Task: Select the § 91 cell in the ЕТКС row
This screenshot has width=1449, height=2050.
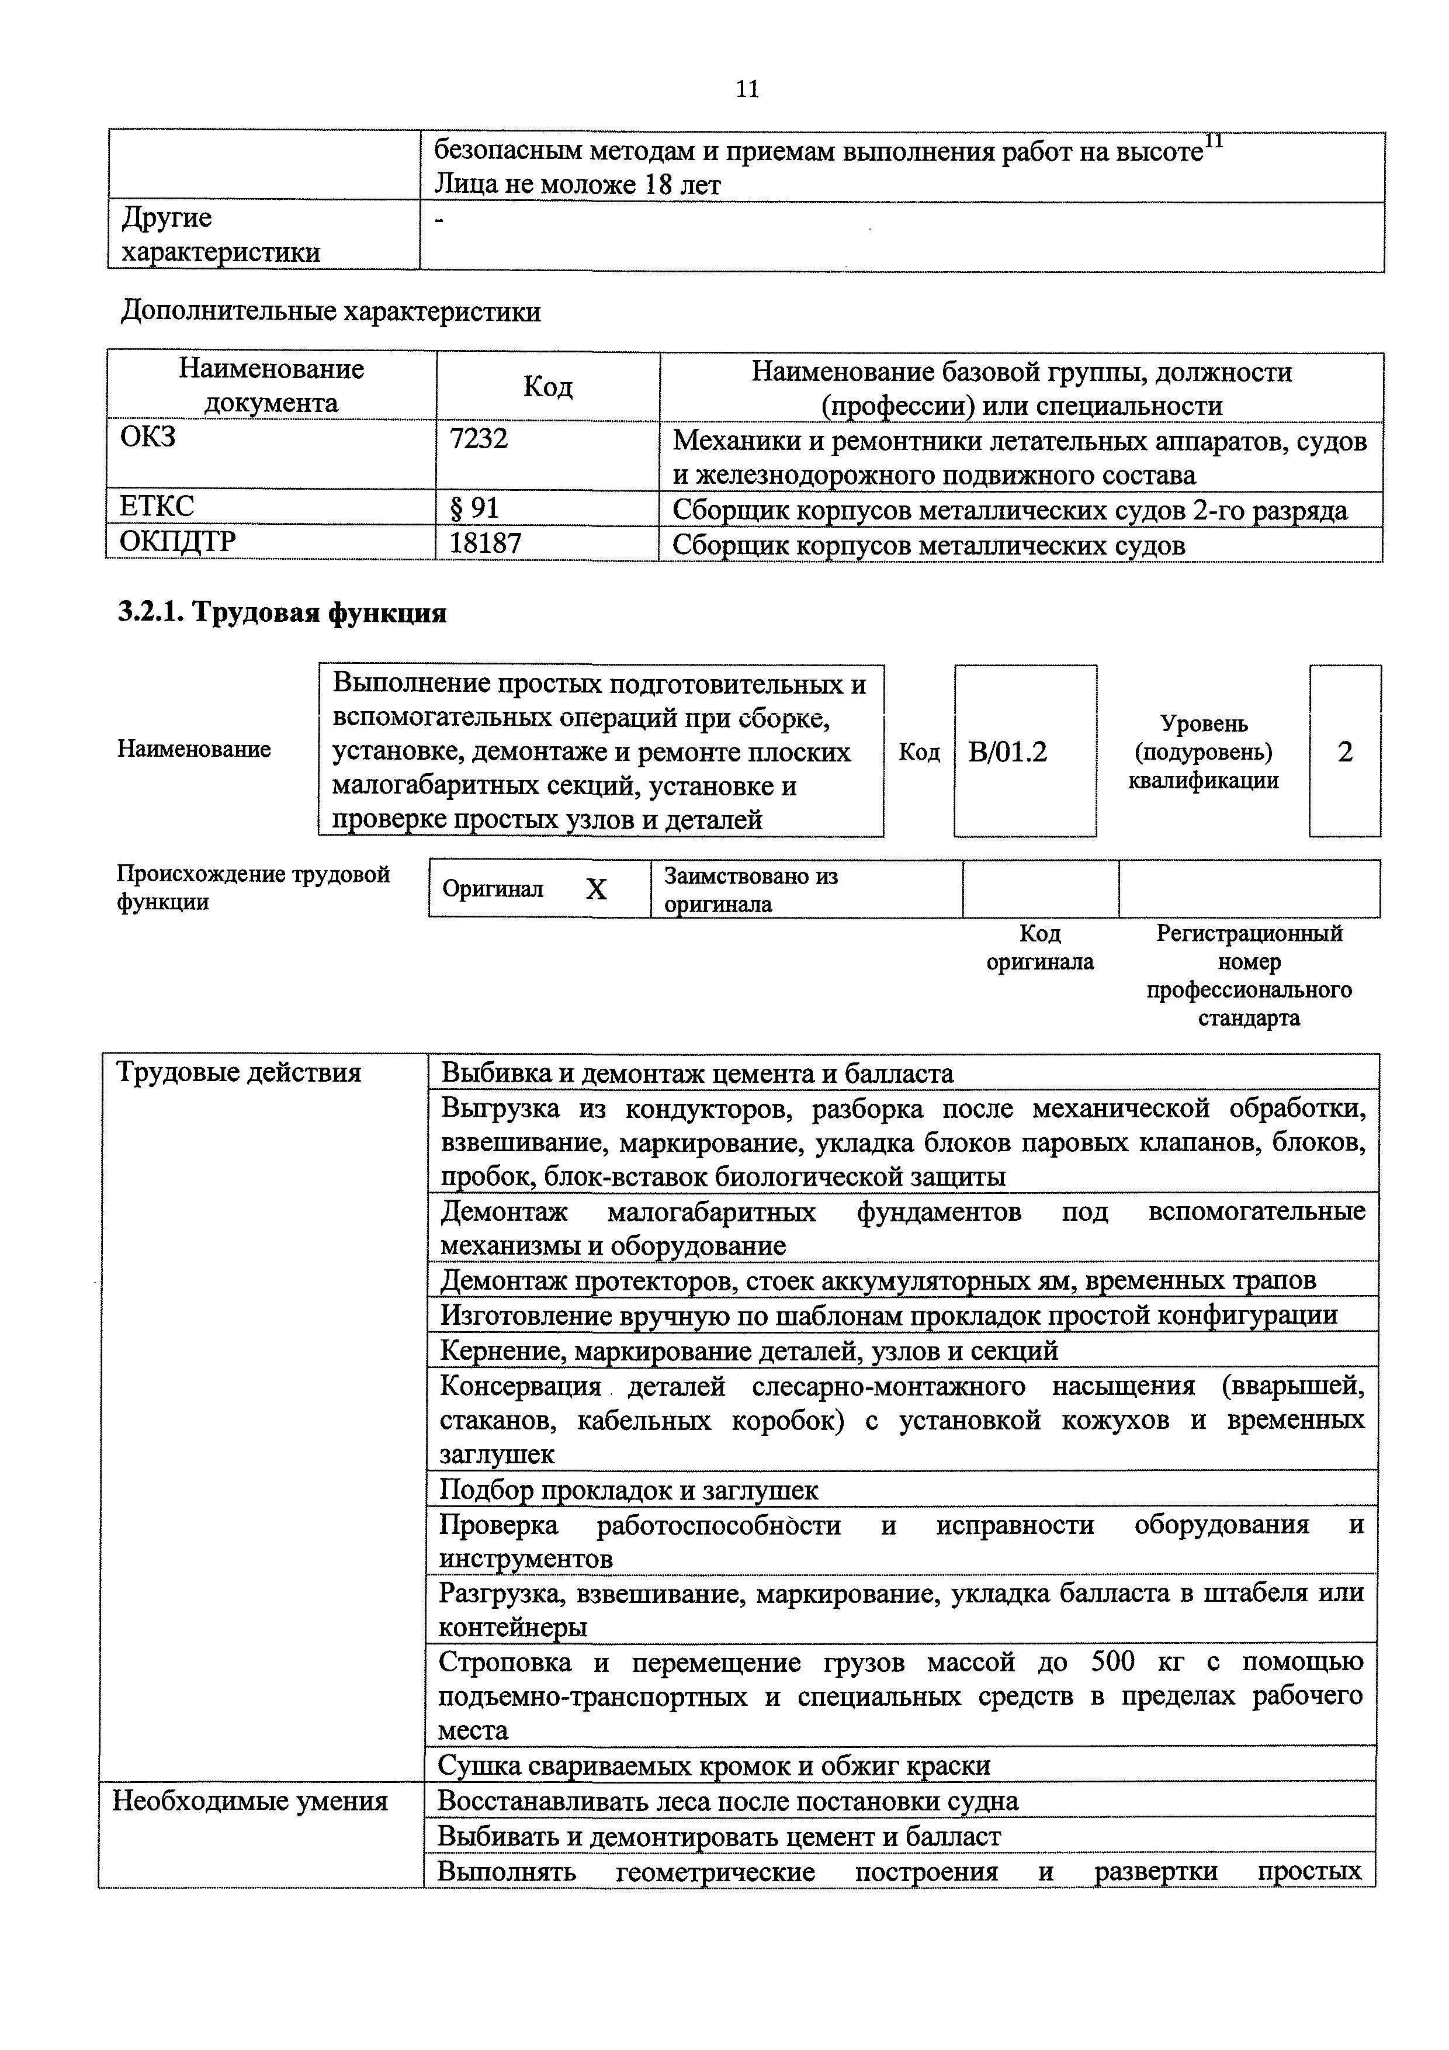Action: (x=474, y=508)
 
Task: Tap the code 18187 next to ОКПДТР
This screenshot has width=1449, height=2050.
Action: (x=485, y=542)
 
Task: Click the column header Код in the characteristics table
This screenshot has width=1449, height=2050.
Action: (x=547, y=386)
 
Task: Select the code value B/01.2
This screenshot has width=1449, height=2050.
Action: (x=1007, y=752)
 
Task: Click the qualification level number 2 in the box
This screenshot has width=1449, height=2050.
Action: (x=1344, y=752)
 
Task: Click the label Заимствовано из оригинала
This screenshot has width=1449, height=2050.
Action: (x=750, y=889)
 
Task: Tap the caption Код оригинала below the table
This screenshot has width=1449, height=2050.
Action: (x=1040, y=947)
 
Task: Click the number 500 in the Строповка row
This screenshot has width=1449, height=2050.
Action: (x=1112, y=1661)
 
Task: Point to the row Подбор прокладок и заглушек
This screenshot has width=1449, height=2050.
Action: (x=629, y=1489)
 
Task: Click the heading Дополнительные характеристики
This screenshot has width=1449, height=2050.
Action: (x=330, y=311)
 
